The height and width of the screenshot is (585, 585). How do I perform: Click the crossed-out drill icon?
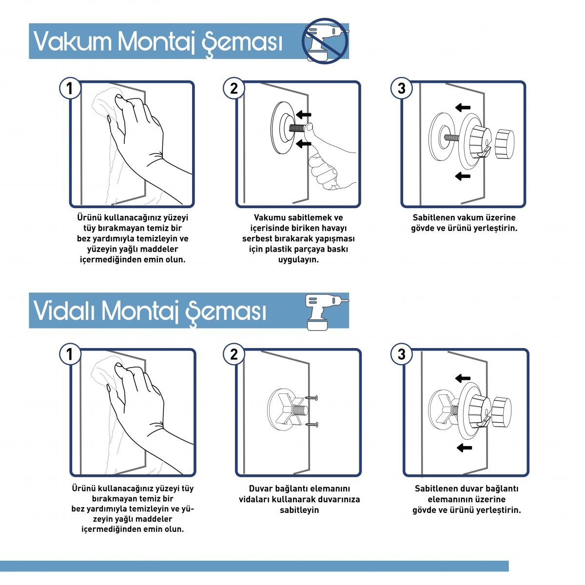pos(325,40)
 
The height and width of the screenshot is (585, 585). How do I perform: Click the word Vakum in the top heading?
pos(72,41)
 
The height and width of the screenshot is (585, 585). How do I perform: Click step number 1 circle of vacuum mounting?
pos(70,88)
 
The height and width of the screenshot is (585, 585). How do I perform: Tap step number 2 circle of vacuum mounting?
pos(234,88)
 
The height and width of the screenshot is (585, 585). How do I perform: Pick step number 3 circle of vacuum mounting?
pos(401,88)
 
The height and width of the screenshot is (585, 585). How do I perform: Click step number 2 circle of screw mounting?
pos(234,354)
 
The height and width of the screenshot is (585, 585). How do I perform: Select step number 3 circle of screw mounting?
pos(401,354)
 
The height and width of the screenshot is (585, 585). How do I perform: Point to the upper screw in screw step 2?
pos(312,397)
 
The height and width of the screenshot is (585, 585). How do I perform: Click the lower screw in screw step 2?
pos(312,424)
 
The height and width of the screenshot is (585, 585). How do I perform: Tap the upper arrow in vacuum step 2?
pos(304,115)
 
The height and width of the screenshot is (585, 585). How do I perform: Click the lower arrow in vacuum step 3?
pos(463,176)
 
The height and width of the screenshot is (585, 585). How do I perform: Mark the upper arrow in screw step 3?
pos(463,378)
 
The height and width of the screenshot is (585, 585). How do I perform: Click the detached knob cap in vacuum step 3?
pos(504,144)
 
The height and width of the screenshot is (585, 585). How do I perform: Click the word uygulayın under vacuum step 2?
pos(298,260)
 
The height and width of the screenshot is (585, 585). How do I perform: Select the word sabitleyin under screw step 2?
pos(299,510)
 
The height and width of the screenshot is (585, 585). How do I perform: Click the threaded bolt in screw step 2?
pos(299,411)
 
